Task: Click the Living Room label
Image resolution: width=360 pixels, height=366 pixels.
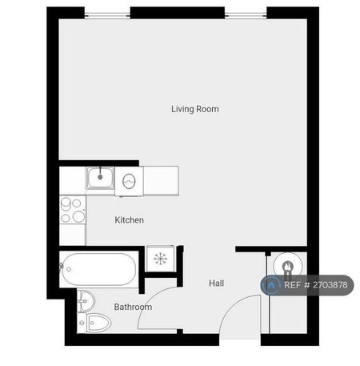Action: pyautogui.click(x=194, y=109)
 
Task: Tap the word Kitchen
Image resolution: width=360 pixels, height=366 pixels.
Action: pyautogui.click(x=130, y=220)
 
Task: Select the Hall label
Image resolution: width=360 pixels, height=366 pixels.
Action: pyautogui.click(x=217, y=284)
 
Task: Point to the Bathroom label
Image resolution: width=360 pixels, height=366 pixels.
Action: pyautogui.click(x=133, y=307)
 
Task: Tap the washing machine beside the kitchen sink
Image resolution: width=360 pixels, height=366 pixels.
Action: pyautogui.click(x=130, y=180)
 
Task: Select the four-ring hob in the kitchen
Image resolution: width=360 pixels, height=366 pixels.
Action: pyautogui.click(x=73, y=209)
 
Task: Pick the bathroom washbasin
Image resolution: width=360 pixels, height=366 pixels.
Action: pyautogui.click(x=87, y=301)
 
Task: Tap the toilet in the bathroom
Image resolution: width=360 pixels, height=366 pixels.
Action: pyautogui.click(x=95, y=323)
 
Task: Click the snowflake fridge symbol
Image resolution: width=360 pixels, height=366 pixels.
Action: pyautogui.click(x=160, y=259)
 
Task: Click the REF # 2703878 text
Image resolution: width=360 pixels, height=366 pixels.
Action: pyautogui.click(x=316, y=285)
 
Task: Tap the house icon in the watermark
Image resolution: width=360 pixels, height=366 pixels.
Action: pyautogui.click(x=273, y=285)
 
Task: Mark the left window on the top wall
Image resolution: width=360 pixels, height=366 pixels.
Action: pyautogui.click(x=107, y=13)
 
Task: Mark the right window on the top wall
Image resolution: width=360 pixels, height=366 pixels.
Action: pyautogui.click(x=246, y=13)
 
